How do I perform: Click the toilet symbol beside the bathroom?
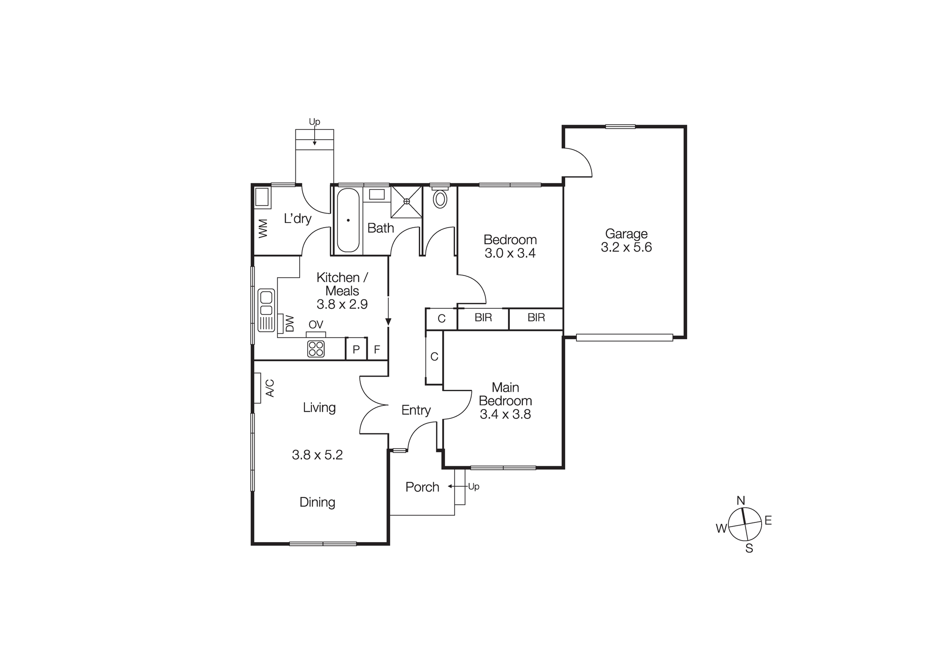[440, 198]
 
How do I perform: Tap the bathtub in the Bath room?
[348, 220]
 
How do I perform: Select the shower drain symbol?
[407, 201]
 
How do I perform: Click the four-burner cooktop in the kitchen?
[316, 349]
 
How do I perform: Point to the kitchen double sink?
[266, 303]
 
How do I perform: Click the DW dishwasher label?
[290, 323]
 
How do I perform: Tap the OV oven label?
[316, 324]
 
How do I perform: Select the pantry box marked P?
[356, 350]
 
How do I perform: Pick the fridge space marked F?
[377, 350]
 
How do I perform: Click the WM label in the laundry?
[263, 228]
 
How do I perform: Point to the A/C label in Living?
[270, 388]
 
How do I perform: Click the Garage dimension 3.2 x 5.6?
[626, 247]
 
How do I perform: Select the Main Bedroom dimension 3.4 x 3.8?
[505, 414]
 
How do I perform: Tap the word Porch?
[422, 487]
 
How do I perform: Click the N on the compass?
[741, 500]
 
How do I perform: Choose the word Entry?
[416, 410]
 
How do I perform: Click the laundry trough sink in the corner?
[262, 198]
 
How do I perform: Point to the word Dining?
[317, 502]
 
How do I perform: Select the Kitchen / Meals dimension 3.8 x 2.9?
[342, 305]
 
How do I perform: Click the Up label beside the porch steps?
[474, 486]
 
